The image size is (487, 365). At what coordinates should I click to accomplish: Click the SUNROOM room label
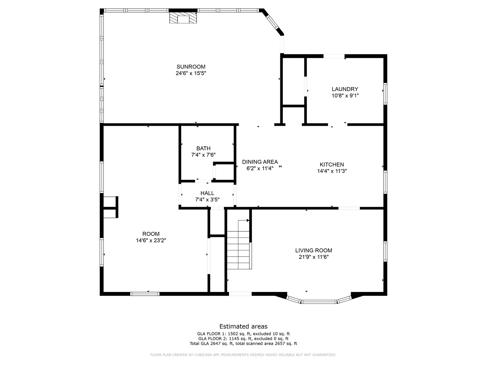tap(191, 67)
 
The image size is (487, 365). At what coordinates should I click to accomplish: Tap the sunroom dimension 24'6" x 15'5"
tap(191, 73)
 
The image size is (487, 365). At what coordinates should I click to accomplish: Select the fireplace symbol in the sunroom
tap(183, 18)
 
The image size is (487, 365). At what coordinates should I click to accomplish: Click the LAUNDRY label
tap(345, 89)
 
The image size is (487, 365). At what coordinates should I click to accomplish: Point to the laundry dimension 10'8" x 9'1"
tap(345, 96)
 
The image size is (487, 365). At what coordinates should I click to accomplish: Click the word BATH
tap(204, 148)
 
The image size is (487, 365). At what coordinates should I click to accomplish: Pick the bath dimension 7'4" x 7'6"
tap(204, 155)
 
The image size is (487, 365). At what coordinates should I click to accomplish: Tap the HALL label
tap(207, 193)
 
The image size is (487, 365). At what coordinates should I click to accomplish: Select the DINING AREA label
tap(260, 162)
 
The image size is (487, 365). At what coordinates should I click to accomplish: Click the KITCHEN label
tap(332, 165)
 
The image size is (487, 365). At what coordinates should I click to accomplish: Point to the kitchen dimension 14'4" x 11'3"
tap(332, 171)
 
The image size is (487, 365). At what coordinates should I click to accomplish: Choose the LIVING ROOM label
tap(314, 250)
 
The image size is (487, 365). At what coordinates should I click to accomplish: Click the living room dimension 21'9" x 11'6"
tap(314, 257)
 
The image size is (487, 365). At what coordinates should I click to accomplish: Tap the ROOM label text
tap(151, 234)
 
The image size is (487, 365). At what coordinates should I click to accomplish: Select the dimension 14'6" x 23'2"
tap(151, 240)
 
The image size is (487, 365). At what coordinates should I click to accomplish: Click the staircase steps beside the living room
tap(239, 250)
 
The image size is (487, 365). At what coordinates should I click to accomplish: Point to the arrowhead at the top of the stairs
tap(248, 220)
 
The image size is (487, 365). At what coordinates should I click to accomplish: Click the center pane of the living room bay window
tap(319, 301)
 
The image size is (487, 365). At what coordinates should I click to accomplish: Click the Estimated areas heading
tap(243, 326)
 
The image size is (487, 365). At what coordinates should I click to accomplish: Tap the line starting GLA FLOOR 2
tap(243, 339)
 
